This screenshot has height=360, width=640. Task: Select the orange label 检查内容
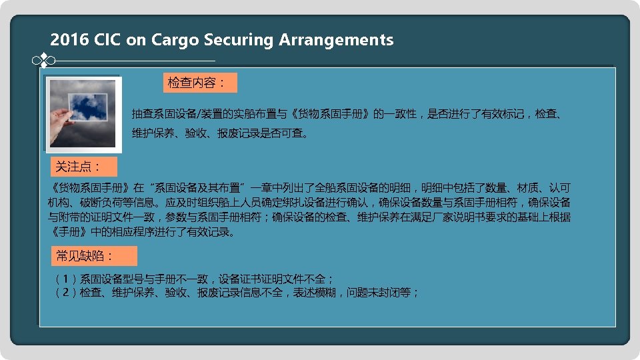coord(199,83)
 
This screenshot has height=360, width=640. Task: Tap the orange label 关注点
coord(83,167)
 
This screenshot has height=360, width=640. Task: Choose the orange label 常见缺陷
coord(95,256)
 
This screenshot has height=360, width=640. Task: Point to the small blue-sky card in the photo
coord(88,109)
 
